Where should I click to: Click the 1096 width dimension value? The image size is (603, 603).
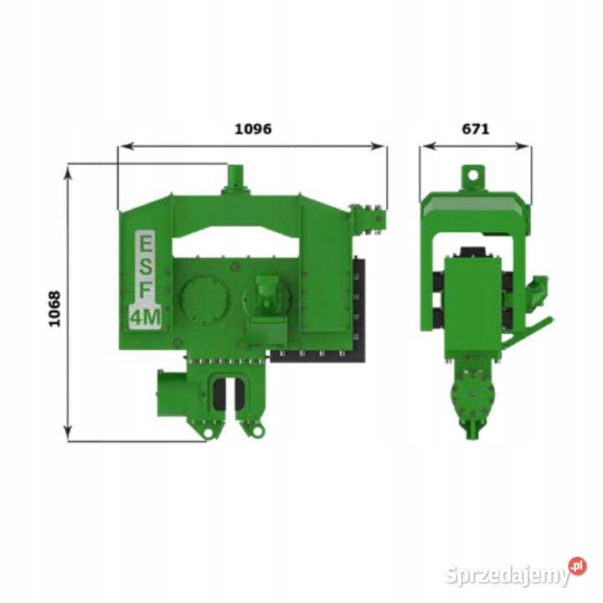point(253,129)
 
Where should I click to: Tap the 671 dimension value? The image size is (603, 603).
point(476,129)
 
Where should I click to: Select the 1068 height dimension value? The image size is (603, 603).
point(54,309)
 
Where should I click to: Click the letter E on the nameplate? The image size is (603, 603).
point(146,243)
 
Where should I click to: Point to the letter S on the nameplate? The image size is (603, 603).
point(146,266)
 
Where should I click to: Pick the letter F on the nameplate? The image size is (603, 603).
point(146,291)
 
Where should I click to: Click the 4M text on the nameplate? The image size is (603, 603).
point(146,317)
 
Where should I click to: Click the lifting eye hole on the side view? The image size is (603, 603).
point(473,175)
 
